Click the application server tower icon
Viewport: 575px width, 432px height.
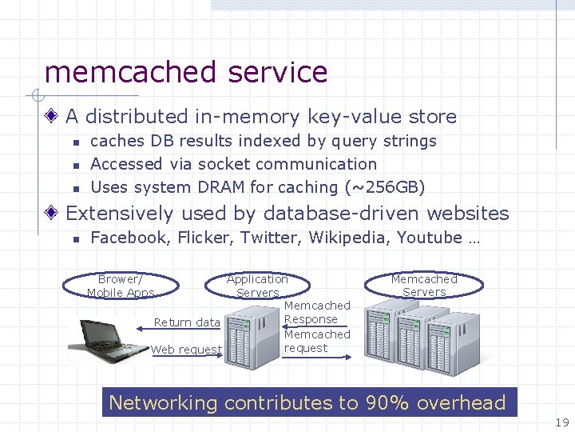click(251, 335)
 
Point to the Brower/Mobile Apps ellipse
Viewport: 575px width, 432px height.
click(121, 286)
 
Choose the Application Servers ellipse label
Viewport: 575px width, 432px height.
click(257, 286)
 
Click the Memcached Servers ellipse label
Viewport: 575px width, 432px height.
click(424, 286)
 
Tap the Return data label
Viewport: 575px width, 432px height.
click(187, 322)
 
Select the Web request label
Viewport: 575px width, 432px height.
click(185, 350)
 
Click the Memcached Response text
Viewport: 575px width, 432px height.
click(317, 312)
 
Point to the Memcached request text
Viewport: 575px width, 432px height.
click(317, 341)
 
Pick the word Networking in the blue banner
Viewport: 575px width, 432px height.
click(163, 402)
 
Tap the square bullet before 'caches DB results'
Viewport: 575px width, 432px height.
click(73, 142)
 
